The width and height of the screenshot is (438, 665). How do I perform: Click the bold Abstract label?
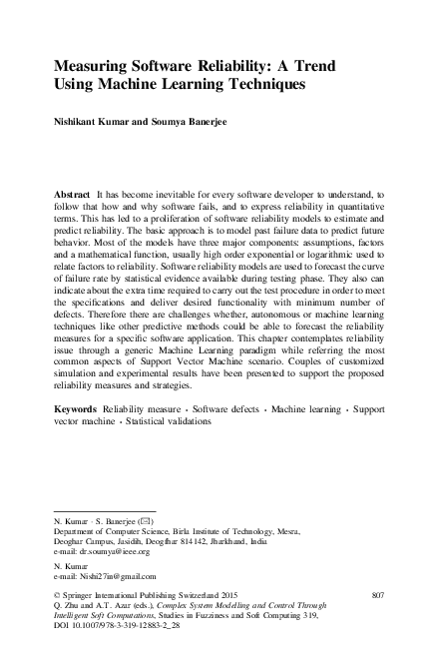pos(73,191)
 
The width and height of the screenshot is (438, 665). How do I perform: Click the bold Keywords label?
pos(76,409)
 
